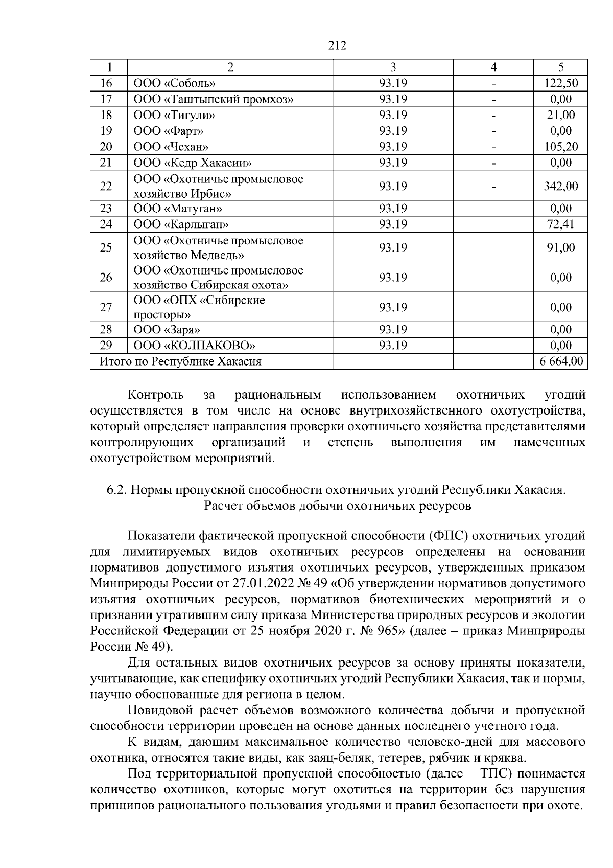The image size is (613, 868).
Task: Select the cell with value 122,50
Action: tap(561, 83)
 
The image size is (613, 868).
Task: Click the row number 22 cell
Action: tap(106, 186)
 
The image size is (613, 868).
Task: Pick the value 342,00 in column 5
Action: tap(561, 186)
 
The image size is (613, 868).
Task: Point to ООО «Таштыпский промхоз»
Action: tap(213, 99)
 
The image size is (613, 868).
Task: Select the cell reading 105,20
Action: tap(561, 147)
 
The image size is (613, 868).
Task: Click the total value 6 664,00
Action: tap(561, 362)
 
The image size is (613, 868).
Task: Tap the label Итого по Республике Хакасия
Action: tap(180, 362)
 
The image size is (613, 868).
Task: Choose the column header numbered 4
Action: tap(493, 67)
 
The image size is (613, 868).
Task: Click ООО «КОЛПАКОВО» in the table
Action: tap(195, 346)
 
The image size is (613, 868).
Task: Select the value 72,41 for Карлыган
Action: tap(561, 224)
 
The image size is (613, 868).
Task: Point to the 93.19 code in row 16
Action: tap(393, 83)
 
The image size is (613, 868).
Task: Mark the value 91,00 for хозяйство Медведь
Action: tap(561, 248)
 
